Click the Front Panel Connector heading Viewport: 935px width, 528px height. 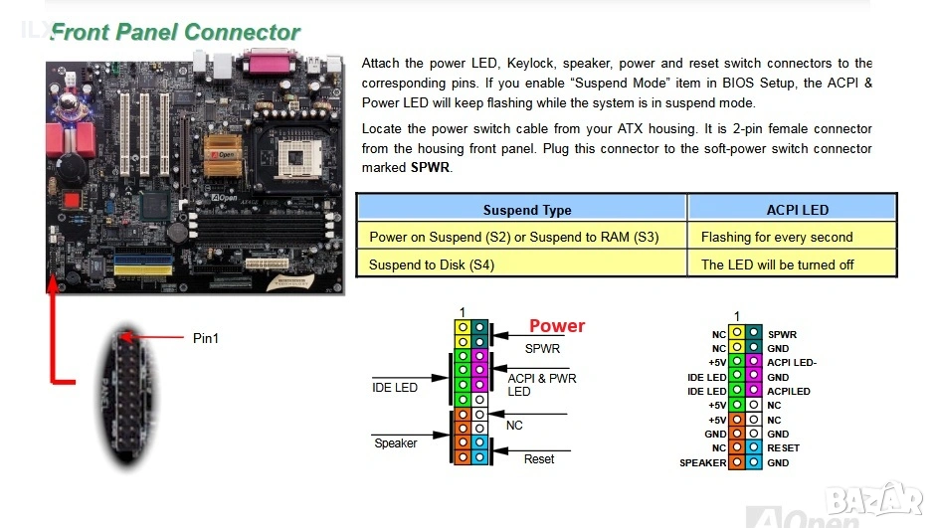click(x=175, y=32)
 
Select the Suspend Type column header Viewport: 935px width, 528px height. click(x=526, y=210)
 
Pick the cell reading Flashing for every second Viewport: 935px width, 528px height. click(x=776, y=237)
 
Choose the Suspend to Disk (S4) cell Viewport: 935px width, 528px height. click(x=431, y=264)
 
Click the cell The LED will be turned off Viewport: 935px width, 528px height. click(x=777, y=264)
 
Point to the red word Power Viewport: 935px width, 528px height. click(x=556, y=326)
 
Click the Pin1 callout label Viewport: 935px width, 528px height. click(x=206, y=338)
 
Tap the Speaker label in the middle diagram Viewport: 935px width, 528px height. click(x=395, y=442)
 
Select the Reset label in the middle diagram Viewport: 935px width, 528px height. click(x=539, y=458)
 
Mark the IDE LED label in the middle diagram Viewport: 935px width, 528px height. click(x=395, y=387)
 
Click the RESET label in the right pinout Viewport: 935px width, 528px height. click(x=783, y=447)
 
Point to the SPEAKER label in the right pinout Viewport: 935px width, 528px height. click(x=702, y=462)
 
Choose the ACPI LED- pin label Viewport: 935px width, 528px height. click(x=792, y=363)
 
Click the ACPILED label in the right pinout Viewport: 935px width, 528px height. click(x=788, y=391)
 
